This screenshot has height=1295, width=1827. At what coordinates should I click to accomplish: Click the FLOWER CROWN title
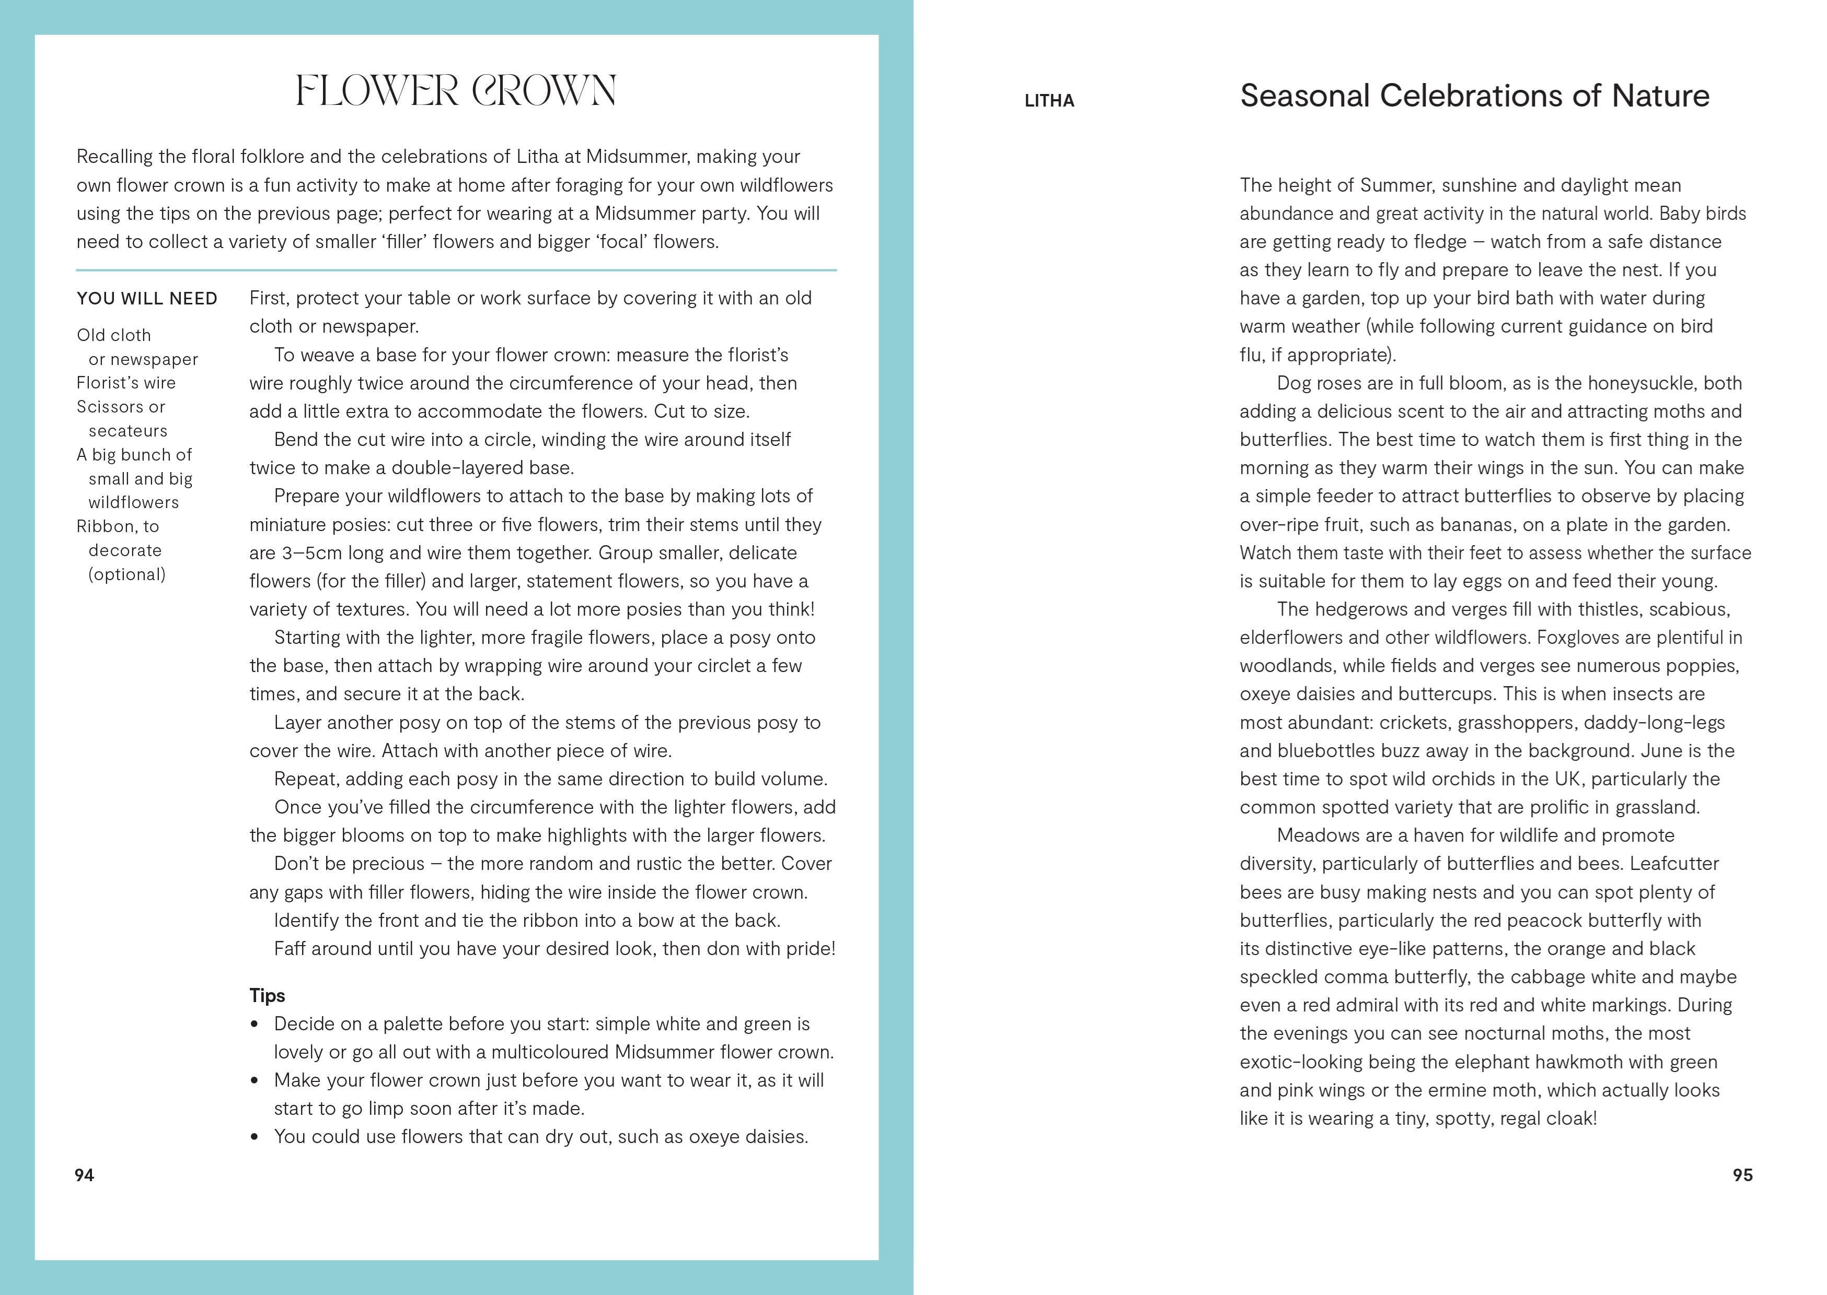pyautogui.click(x=456, y=91)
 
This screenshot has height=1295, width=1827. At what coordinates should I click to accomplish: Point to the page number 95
pyautogui.click(x=1742, y=1174)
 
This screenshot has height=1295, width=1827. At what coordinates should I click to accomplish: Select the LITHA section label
pyautogui.click(x=1049, y=100)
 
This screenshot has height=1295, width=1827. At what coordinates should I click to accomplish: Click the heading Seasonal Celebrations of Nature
pyautogui.click(x=1474, y=96)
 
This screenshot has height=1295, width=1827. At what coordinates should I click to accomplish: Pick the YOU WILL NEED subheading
pyautogui.click(x=147, y=298)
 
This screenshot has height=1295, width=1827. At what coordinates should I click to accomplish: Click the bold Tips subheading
pyautogui.click(x=267, y=995)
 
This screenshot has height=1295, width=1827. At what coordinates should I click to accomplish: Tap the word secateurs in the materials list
pyautogui.click(x=128, y=431)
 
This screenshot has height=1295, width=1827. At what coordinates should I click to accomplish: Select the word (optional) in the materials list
pyautogui.click(x=127, y=574)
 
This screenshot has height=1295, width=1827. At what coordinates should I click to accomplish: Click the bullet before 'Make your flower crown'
pyautogui.click(x=255, y=1080)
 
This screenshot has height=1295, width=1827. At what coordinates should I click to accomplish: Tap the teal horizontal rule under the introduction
pyautogui.click(x=456, y=270)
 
